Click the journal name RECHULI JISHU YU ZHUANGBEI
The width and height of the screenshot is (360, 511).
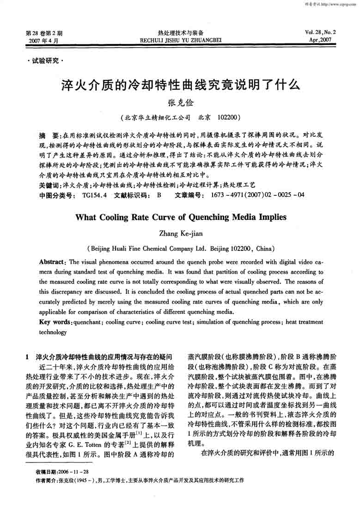(x=180, y=40)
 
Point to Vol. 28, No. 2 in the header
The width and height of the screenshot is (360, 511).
(x=321, y=32)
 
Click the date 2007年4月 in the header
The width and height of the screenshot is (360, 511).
(x=43, y=41)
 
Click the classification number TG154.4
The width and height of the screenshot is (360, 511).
(x=94, y=195)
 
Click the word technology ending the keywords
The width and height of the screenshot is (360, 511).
(x=53, y=332)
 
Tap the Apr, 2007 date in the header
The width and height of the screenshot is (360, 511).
(x=322, y=40)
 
